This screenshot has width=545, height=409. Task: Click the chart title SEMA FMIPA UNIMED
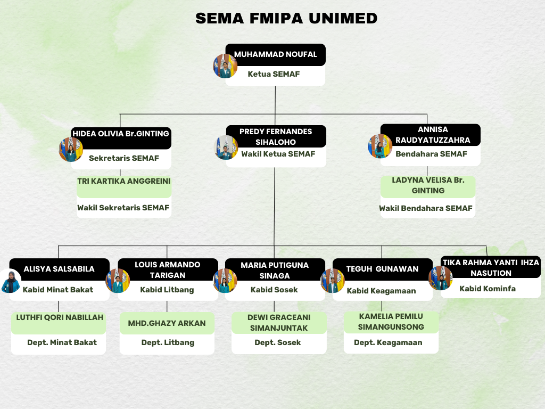click(286, 18)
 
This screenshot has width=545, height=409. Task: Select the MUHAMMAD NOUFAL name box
click(276, 54)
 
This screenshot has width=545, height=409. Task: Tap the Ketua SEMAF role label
click(274, 74)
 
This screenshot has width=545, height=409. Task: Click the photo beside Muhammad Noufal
click(225, 66)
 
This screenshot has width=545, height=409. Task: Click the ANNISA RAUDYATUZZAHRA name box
click(433, 135)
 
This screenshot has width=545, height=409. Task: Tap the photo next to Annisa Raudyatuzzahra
click(380, 146)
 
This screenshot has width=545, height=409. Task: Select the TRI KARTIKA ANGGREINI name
click(124, 182)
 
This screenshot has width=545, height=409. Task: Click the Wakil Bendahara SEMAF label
click(426, 208)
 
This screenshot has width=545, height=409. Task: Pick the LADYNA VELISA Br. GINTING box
click(428, 185)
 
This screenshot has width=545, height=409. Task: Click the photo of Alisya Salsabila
click(10, 281)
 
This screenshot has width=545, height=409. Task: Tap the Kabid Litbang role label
click(167, 290)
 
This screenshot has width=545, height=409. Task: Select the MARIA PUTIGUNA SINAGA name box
click(275, 270)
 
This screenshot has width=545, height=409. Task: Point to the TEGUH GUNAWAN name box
click(382, 269)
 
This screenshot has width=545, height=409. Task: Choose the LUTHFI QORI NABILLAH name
click(60, 317)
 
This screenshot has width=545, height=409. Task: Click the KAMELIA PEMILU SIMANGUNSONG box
click(391, 322)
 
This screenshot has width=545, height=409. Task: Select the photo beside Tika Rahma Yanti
click(440, 278)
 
